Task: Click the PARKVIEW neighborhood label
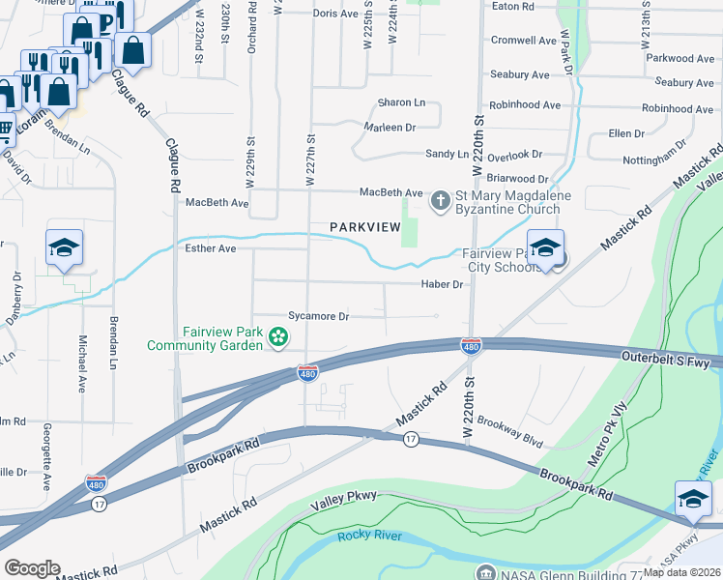364,226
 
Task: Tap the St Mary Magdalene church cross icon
440,201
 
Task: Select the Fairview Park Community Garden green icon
278,337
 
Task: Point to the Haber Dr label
443,284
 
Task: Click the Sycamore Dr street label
318,316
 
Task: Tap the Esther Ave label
210,248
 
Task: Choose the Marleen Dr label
390,128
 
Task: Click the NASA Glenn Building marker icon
484,573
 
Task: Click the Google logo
32,568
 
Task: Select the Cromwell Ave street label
523,41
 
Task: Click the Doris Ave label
335,14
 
